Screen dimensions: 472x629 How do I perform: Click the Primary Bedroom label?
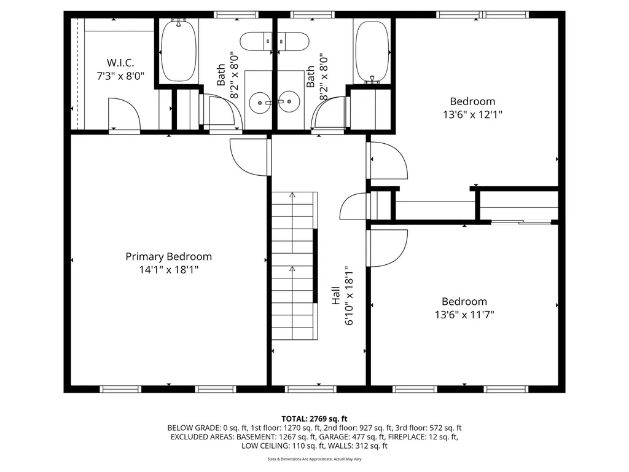pyautogui.click(x=168, y=257)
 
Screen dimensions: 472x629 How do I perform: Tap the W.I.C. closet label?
pyautogui.click(x=120, y=63)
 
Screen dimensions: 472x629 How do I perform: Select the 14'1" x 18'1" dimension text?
pyautogui.click(x=168, y=270)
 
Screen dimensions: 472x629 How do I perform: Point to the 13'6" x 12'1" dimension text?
pyautogui.click(x=472, y=114)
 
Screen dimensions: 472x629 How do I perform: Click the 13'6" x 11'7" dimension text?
pyautogui.click(x=464, y=315)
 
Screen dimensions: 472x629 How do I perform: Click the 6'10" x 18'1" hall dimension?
pyautogui.click(x=349, y=296)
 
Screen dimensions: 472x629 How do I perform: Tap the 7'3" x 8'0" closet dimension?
pyautogui.click(x=120, y=76)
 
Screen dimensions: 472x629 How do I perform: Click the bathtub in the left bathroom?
pyautogui.click(x=178, y=50)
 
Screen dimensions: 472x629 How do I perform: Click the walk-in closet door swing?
pyautogui.click(x=124, y=113)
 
